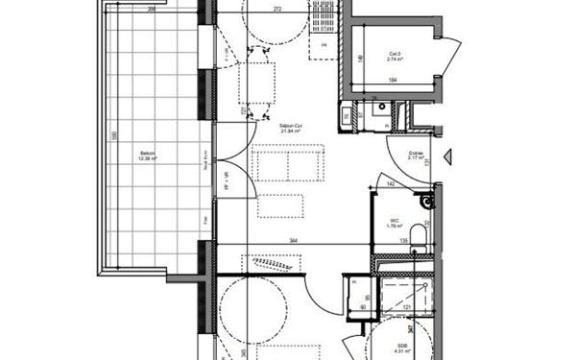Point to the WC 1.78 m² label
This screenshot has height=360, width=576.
[x=394, y=223]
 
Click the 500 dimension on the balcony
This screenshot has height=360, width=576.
[x=112, y=137]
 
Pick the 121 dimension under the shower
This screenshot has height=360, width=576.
[x=407, y=308]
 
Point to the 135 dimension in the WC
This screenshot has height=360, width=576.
[x=404, y=241]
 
